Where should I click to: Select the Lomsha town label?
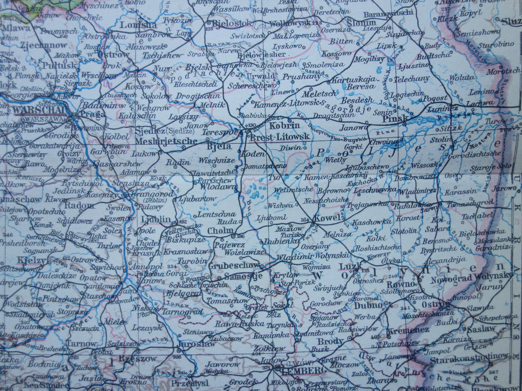point(138,25)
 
